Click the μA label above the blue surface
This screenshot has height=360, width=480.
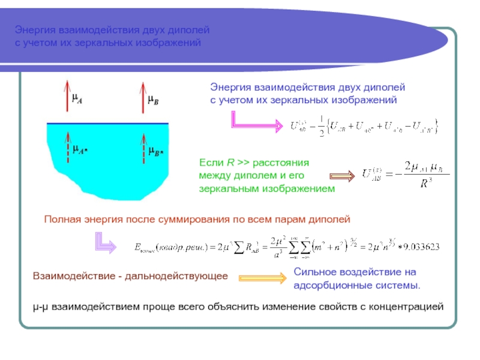point(77,100)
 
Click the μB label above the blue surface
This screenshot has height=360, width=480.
point(153,100)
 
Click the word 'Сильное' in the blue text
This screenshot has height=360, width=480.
point(314,272)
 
